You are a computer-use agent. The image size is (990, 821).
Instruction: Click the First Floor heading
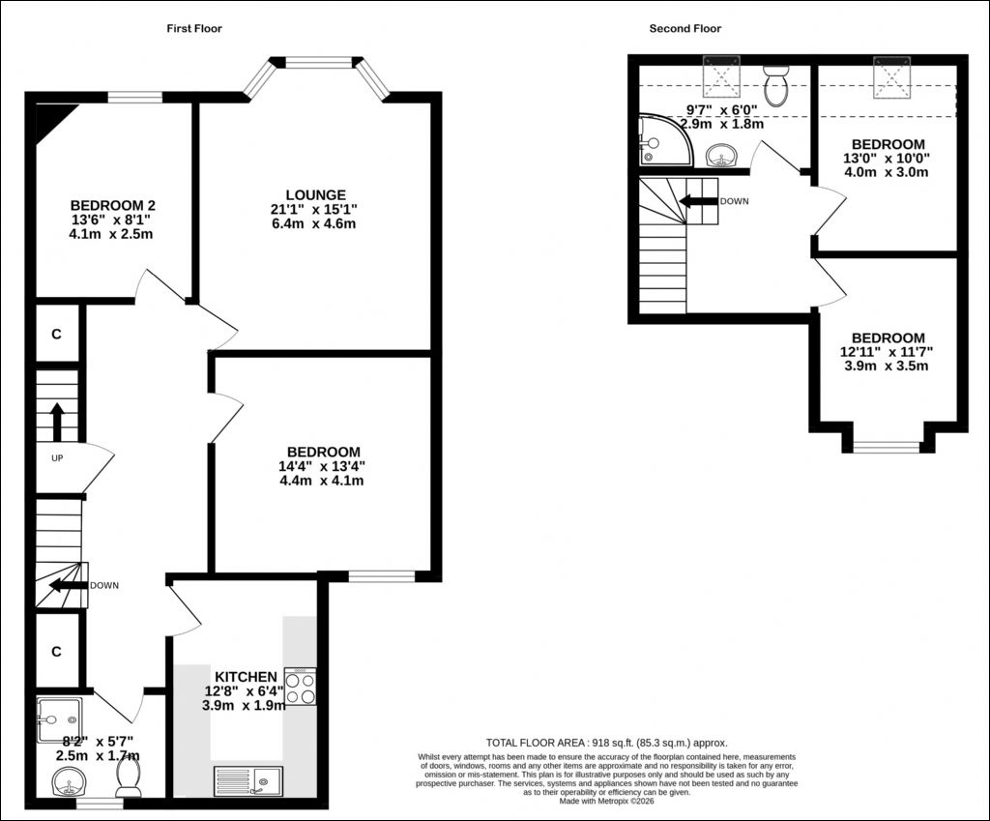point(194,28)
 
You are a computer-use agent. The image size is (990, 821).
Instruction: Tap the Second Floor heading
point(685,28)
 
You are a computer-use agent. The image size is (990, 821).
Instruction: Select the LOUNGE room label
point(316,195)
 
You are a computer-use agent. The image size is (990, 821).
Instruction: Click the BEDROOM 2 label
point(113,205)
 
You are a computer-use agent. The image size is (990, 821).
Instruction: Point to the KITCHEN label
point(246,677)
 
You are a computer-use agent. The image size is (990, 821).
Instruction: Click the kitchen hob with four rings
point(301,687)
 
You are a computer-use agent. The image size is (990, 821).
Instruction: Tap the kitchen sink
point(248,781)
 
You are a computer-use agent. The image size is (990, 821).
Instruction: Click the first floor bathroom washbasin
point(70,782)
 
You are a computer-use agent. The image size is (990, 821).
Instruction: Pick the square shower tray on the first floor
point(59,720)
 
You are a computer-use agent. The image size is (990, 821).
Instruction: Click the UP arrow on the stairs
point(57,422)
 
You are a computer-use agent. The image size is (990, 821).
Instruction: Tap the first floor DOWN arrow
point(69,585)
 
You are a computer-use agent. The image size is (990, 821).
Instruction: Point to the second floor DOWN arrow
point(699,201)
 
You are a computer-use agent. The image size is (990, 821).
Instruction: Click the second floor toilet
point(775,86)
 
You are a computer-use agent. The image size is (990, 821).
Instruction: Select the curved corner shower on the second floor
point(665,140)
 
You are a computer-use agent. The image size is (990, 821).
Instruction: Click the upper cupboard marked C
point(57,334)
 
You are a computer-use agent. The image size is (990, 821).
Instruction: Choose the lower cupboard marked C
point(57,651)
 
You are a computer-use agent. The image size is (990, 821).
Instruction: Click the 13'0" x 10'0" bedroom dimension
point(888,159)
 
